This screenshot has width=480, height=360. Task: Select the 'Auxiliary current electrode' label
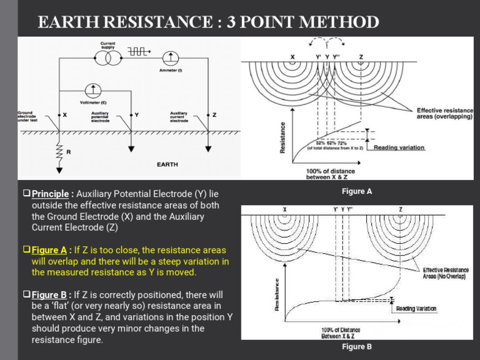[180, 117]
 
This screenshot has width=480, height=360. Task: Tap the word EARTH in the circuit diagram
[167, 165]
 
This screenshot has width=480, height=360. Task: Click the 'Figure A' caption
[357, 191]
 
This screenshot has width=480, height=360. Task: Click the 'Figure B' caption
[357, 346]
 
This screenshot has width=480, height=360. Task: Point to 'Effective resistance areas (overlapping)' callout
[445, 114]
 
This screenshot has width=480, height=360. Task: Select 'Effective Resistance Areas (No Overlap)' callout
[445, 272]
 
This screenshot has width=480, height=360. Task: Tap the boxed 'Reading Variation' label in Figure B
[416, 309]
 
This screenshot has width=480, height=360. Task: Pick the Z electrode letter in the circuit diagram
[214, 116]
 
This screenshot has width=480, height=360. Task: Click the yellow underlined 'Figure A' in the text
[49, 249]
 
